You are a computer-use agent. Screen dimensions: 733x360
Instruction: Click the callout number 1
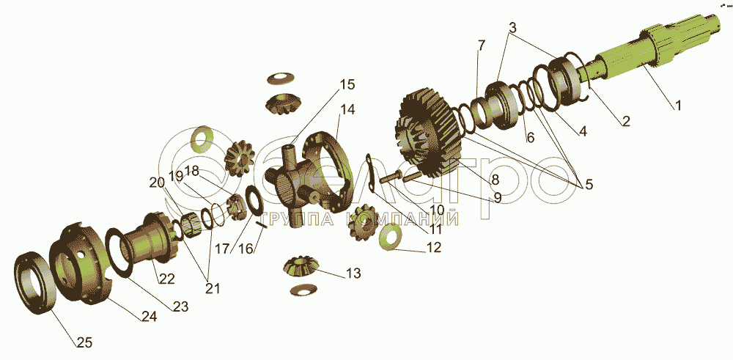677,105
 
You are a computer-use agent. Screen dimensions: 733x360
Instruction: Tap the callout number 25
84,342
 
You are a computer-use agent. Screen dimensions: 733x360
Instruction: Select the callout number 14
347,109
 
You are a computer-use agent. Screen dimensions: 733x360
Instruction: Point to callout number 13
353,273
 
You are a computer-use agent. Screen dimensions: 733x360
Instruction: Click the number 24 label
150,317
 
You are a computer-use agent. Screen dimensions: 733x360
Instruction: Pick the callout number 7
481,45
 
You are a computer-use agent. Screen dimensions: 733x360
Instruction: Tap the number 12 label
433,247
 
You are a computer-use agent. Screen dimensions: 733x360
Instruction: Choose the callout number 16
246,249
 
